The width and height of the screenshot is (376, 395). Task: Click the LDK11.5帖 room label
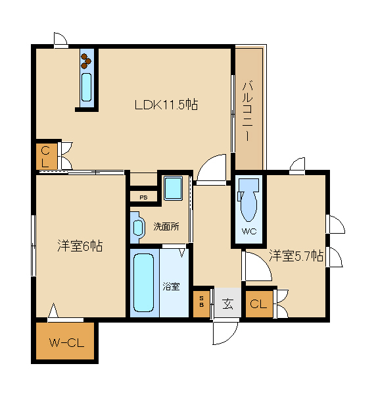point(166,105)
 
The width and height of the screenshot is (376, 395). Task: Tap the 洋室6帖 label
point(80,246)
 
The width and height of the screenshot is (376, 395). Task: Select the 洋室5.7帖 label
point(296,255)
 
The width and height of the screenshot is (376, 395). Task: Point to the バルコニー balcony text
point(247,111)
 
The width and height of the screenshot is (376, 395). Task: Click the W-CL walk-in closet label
point(66,343)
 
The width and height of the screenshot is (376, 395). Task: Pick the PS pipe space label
point(143,197)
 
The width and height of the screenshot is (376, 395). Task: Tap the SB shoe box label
point(201,302)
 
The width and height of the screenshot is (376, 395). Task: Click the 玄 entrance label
point(227,303)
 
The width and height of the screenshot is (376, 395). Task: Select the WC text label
point(249,231)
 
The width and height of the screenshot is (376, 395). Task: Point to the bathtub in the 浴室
point(143,282)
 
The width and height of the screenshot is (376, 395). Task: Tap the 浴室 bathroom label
point(171,286)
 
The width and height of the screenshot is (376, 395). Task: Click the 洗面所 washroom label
point(166,226)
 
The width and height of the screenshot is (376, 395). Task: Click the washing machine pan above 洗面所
point(173,188)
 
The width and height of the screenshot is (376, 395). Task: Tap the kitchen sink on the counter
point(86,87)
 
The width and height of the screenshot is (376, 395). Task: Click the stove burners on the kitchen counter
point(85,61)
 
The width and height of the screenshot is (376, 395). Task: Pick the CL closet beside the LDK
point(47,157)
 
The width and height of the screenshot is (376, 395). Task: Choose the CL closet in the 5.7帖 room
point(259,303)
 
